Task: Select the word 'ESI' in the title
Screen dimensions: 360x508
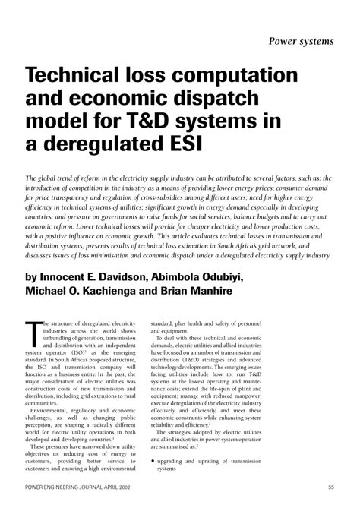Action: point(178,146)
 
